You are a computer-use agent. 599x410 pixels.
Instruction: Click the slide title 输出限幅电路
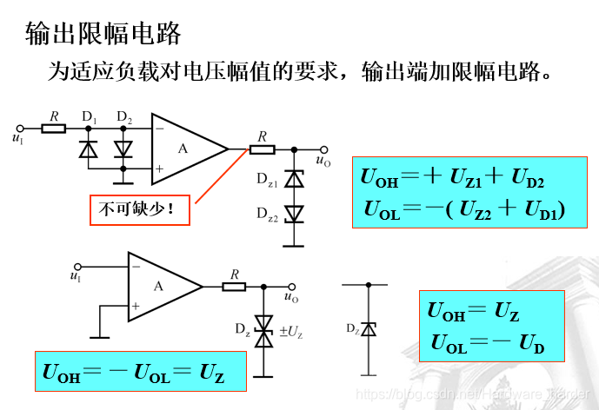[x=103, y=34]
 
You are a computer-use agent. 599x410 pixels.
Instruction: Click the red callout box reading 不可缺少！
[x=140, y=209]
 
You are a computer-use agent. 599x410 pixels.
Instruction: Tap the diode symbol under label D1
[x=88, y=149]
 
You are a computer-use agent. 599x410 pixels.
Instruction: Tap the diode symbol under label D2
[x=123, y=149]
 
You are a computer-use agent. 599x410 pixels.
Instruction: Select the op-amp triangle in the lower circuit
[x=162, y=286]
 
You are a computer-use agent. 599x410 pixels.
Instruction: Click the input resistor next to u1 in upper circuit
[x=54, y=129]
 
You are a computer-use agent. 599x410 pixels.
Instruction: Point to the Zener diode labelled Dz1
[x=296, y=180]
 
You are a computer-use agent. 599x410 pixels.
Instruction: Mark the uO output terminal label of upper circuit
[x=323, y=161]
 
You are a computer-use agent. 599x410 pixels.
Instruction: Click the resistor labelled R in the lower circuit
[x=233, y=286]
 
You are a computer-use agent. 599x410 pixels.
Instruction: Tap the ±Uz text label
[x=290, y=331]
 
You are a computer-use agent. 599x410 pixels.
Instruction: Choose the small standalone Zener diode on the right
[x=368, y=329]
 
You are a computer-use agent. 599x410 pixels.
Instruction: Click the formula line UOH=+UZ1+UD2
[x=452, y=178]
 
